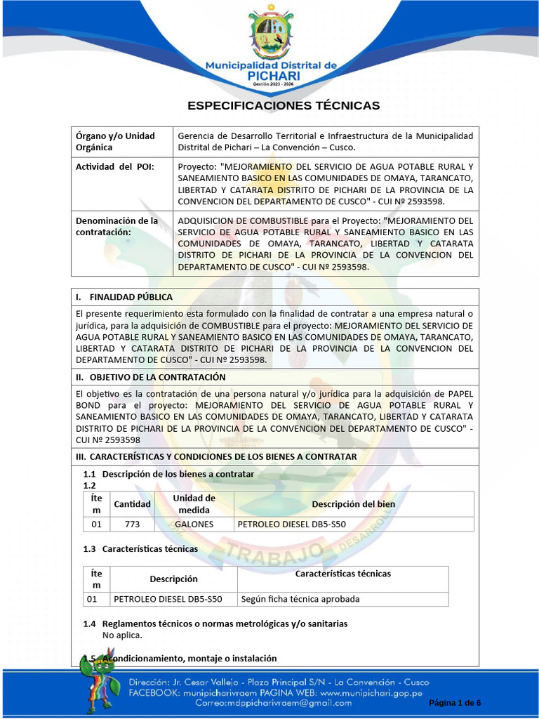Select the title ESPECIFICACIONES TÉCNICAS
coord(283,105)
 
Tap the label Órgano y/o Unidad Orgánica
coord(115,141)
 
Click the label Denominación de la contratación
coord(117,226)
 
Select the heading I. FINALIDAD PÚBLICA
coord(124,297)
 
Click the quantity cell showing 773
coord(132,524)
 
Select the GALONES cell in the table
coord(194,524)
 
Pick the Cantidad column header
coord(132,504)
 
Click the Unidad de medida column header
coord(194,503)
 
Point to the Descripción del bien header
coord(353,504)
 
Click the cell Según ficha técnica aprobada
coord(300,599)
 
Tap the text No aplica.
coord(122,635)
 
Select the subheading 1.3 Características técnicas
coord(140,548)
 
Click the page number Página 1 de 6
coord(454,703)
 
